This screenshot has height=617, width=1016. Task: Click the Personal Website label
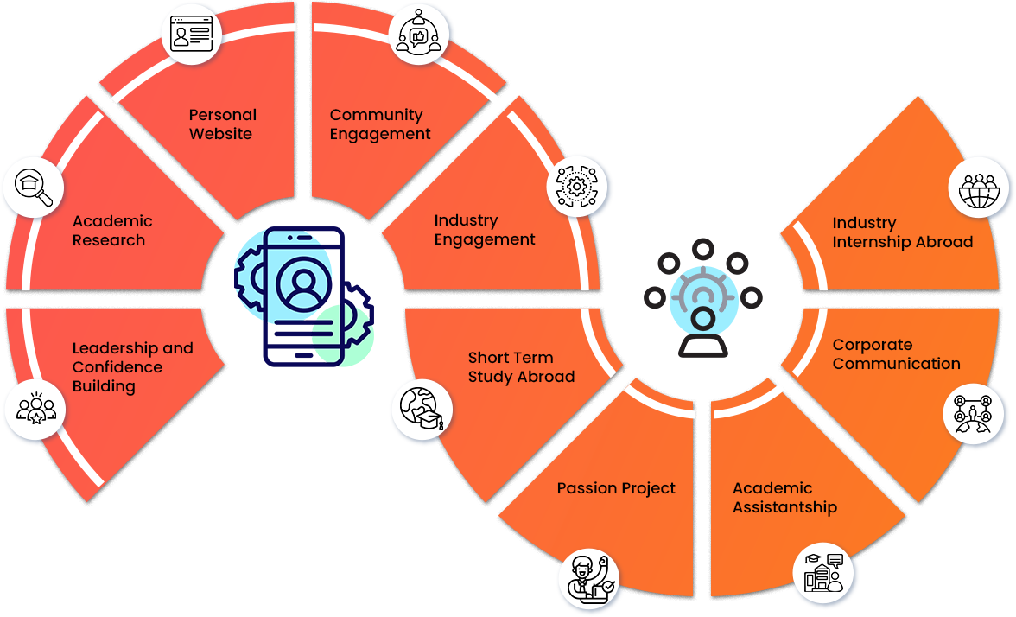[222, 124]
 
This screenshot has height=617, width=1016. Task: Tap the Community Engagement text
[380, 124]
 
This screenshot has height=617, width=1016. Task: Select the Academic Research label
[112, 231]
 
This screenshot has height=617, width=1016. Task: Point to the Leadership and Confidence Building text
[132, 367]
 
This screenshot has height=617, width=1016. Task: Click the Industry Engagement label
[484, 231]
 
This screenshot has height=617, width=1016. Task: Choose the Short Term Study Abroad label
[521, 367]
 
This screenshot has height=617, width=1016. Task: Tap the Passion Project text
[616, 488]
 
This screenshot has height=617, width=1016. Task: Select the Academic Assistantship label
[784, 498]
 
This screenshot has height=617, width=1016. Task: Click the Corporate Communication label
[896, 354]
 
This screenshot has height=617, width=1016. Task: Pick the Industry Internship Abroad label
[902, 232]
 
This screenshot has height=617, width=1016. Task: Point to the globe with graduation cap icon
[422, 410]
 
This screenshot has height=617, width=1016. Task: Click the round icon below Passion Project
[589, 578]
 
